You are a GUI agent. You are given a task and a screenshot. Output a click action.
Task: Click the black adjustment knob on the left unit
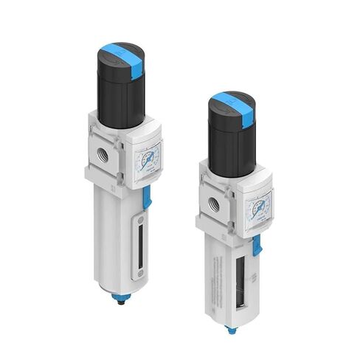(x=119, y=92)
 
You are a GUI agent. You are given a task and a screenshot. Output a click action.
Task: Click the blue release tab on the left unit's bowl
(x=148, y=195)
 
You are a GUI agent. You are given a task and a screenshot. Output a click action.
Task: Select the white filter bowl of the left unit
(x=118, y=236)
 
